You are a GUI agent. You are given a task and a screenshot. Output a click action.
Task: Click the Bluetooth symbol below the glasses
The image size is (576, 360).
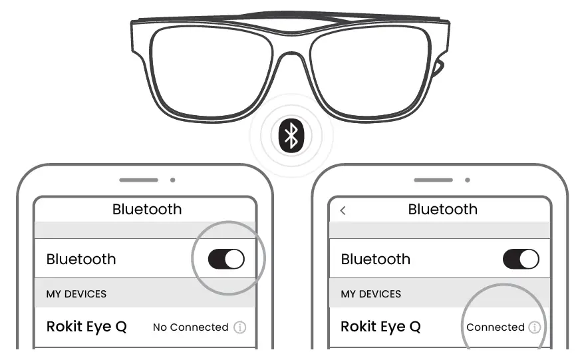coord(290,136)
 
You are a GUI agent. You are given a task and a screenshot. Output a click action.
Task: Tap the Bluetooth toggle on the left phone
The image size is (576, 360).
coord(226,259)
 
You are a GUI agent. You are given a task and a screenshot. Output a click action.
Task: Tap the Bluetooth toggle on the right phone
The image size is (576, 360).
coord(521,259)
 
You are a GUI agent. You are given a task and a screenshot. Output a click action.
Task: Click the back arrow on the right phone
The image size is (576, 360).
coord(343,210)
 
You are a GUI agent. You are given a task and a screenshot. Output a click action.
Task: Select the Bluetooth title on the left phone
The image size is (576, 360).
coord(146,210)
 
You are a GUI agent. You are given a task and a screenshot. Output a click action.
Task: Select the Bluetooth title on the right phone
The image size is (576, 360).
coord(442,210)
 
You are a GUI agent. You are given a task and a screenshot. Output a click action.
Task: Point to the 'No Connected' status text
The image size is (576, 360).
coord(190,327)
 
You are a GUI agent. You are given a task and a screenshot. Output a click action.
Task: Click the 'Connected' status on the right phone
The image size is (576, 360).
coord(496,327)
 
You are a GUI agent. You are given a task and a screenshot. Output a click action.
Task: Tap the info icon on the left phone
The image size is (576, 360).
coord(240,327)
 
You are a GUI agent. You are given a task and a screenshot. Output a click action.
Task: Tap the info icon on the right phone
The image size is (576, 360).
coord(535,327)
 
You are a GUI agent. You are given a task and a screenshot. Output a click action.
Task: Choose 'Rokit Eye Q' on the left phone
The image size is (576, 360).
coord(86,327)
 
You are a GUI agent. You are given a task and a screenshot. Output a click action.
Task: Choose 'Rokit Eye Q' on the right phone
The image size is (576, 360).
coord(380,327)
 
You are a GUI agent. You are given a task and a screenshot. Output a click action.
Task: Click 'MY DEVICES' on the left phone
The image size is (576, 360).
coord(76,293)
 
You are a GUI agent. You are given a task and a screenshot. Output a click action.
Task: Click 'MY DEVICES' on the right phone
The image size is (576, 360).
coord(371,293)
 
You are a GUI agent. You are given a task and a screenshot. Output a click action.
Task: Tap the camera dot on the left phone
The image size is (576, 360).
coord(173,180)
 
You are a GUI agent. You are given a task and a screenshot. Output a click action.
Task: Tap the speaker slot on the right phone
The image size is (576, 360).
coord(433,180)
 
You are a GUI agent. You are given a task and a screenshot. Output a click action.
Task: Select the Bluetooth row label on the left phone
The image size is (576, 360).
coord(81,259)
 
